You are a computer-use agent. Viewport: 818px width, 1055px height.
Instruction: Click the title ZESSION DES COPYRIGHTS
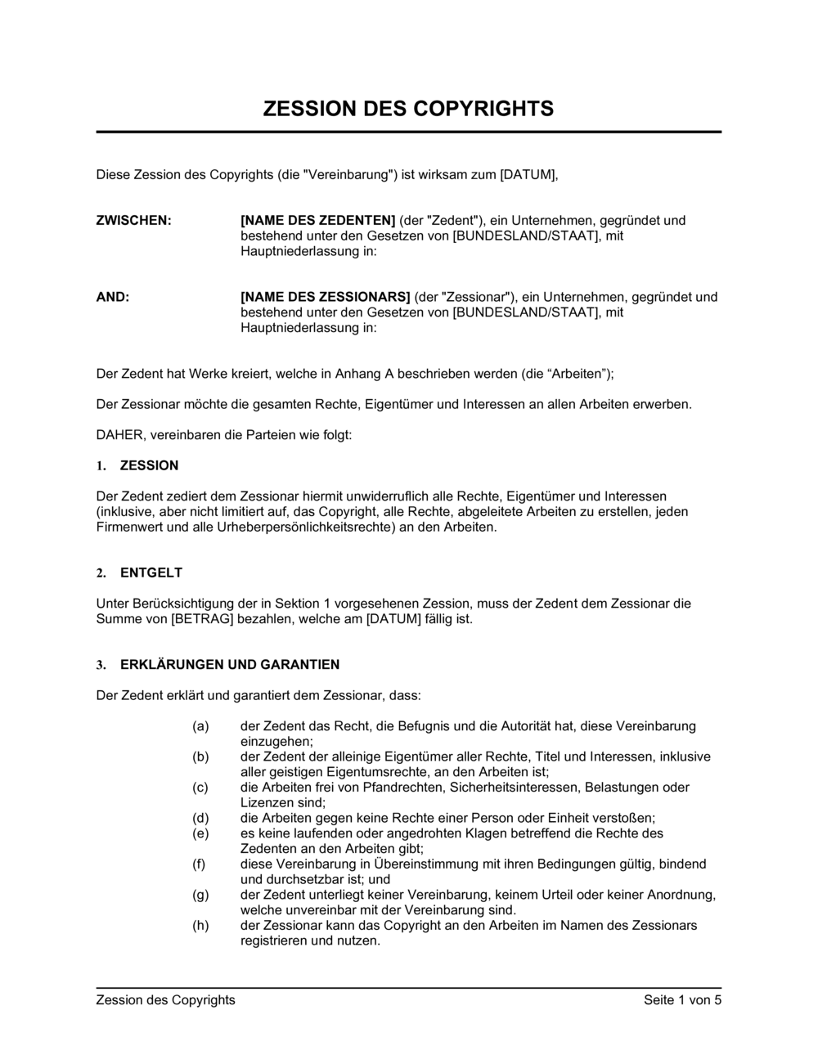pyautogui.click(x=408, y=109)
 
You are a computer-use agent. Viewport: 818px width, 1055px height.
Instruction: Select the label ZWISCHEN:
pyautogui.click(x=134, y=220)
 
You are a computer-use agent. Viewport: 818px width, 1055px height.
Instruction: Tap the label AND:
pyautogui.click(x=113, y=297)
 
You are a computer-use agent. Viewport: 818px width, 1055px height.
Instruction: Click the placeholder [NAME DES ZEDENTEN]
pyautogui.click(x=318, y=220)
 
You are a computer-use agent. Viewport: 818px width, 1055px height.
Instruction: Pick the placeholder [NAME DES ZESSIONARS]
pyautogui.click(x=325, y=297)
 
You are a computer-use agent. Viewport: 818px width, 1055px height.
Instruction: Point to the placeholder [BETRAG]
pyautogui.click(x=203, y=619)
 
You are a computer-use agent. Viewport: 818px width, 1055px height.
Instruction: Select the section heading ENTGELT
pyautogui.click(x=151, y=572)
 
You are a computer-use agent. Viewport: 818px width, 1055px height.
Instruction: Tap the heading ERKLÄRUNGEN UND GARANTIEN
pyautogui.click(x=230, y=665)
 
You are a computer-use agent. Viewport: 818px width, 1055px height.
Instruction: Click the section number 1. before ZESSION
pyautogui.click(x=101, y=466)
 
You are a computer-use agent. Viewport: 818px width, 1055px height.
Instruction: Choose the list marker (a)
pyautogui.click(x=200, y=726)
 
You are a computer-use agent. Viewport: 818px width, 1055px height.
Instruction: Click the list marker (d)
pyautogui.click(x=200, y=818)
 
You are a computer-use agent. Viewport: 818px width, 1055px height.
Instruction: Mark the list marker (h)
pyautogui.click(x=200, y=926)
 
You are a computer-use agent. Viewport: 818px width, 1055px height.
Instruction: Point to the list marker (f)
pyautogui.click(x=200, y=864)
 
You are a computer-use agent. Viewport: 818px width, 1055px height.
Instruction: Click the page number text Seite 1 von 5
pyautogui.click(x=682, y=999)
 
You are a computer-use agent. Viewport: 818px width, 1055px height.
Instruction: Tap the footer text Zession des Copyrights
pyautogui.click(x=166, y=999)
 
